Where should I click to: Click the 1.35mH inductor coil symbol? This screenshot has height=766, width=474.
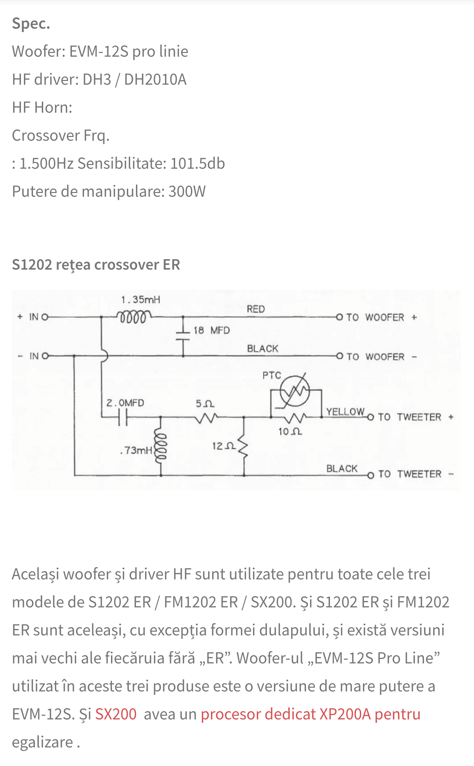point(134,317)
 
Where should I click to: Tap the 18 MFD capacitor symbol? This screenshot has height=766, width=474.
point(183,336)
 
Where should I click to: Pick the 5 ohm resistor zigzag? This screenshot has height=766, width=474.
point(206,418)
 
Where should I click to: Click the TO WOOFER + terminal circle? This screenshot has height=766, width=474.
point(339,317)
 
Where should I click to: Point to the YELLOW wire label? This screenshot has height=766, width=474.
point(345,412)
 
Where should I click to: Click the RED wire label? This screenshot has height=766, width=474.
point(256,309)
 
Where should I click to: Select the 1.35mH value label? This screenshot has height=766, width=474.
point(141,300)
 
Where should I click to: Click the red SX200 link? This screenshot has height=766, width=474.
point(116,714)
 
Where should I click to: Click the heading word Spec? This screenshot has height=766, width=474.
point(31,24)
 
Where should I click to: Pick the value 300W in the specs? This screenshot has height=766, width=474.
point(187,191)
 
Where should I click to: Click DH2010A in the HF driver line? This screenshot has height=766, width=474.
point(155,80)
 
